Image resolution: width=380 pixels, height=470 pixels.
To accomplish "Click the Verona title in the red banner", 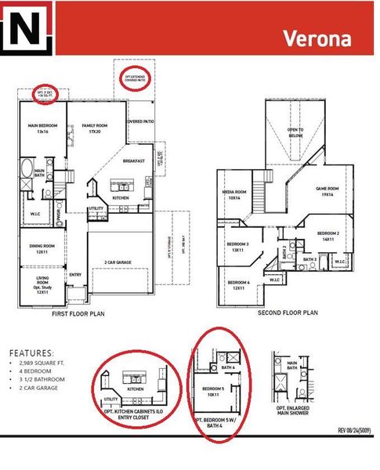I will pyautogui.click(x=317, y=38).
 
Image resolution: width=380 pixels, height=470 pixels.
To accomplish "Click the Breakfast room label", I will pyautogui.click(x=135, y=161).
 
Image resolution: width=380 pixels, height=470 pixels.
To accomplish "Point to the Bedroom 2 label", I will pyautogui.click(x=328, y=237).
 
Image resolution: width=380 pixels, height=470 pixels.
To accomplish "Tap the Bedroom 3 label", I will pyautogui.click(x=238, y=248).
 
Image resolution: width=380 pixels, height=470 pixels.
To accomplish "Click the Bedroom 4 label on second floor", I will pyautogui.click(x=239, y=285).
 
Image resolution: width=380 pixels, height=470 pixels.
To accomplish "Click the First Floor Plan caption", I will pyautogui.click(x=78, y=313).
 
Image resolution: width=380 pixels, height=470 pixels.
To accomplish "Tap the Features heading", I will pyautogui.click(x=32, y=353).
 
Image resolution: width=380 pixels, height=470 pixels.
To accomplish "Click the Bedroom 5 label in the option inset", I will pyautogui.click(x=214, y=392).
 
